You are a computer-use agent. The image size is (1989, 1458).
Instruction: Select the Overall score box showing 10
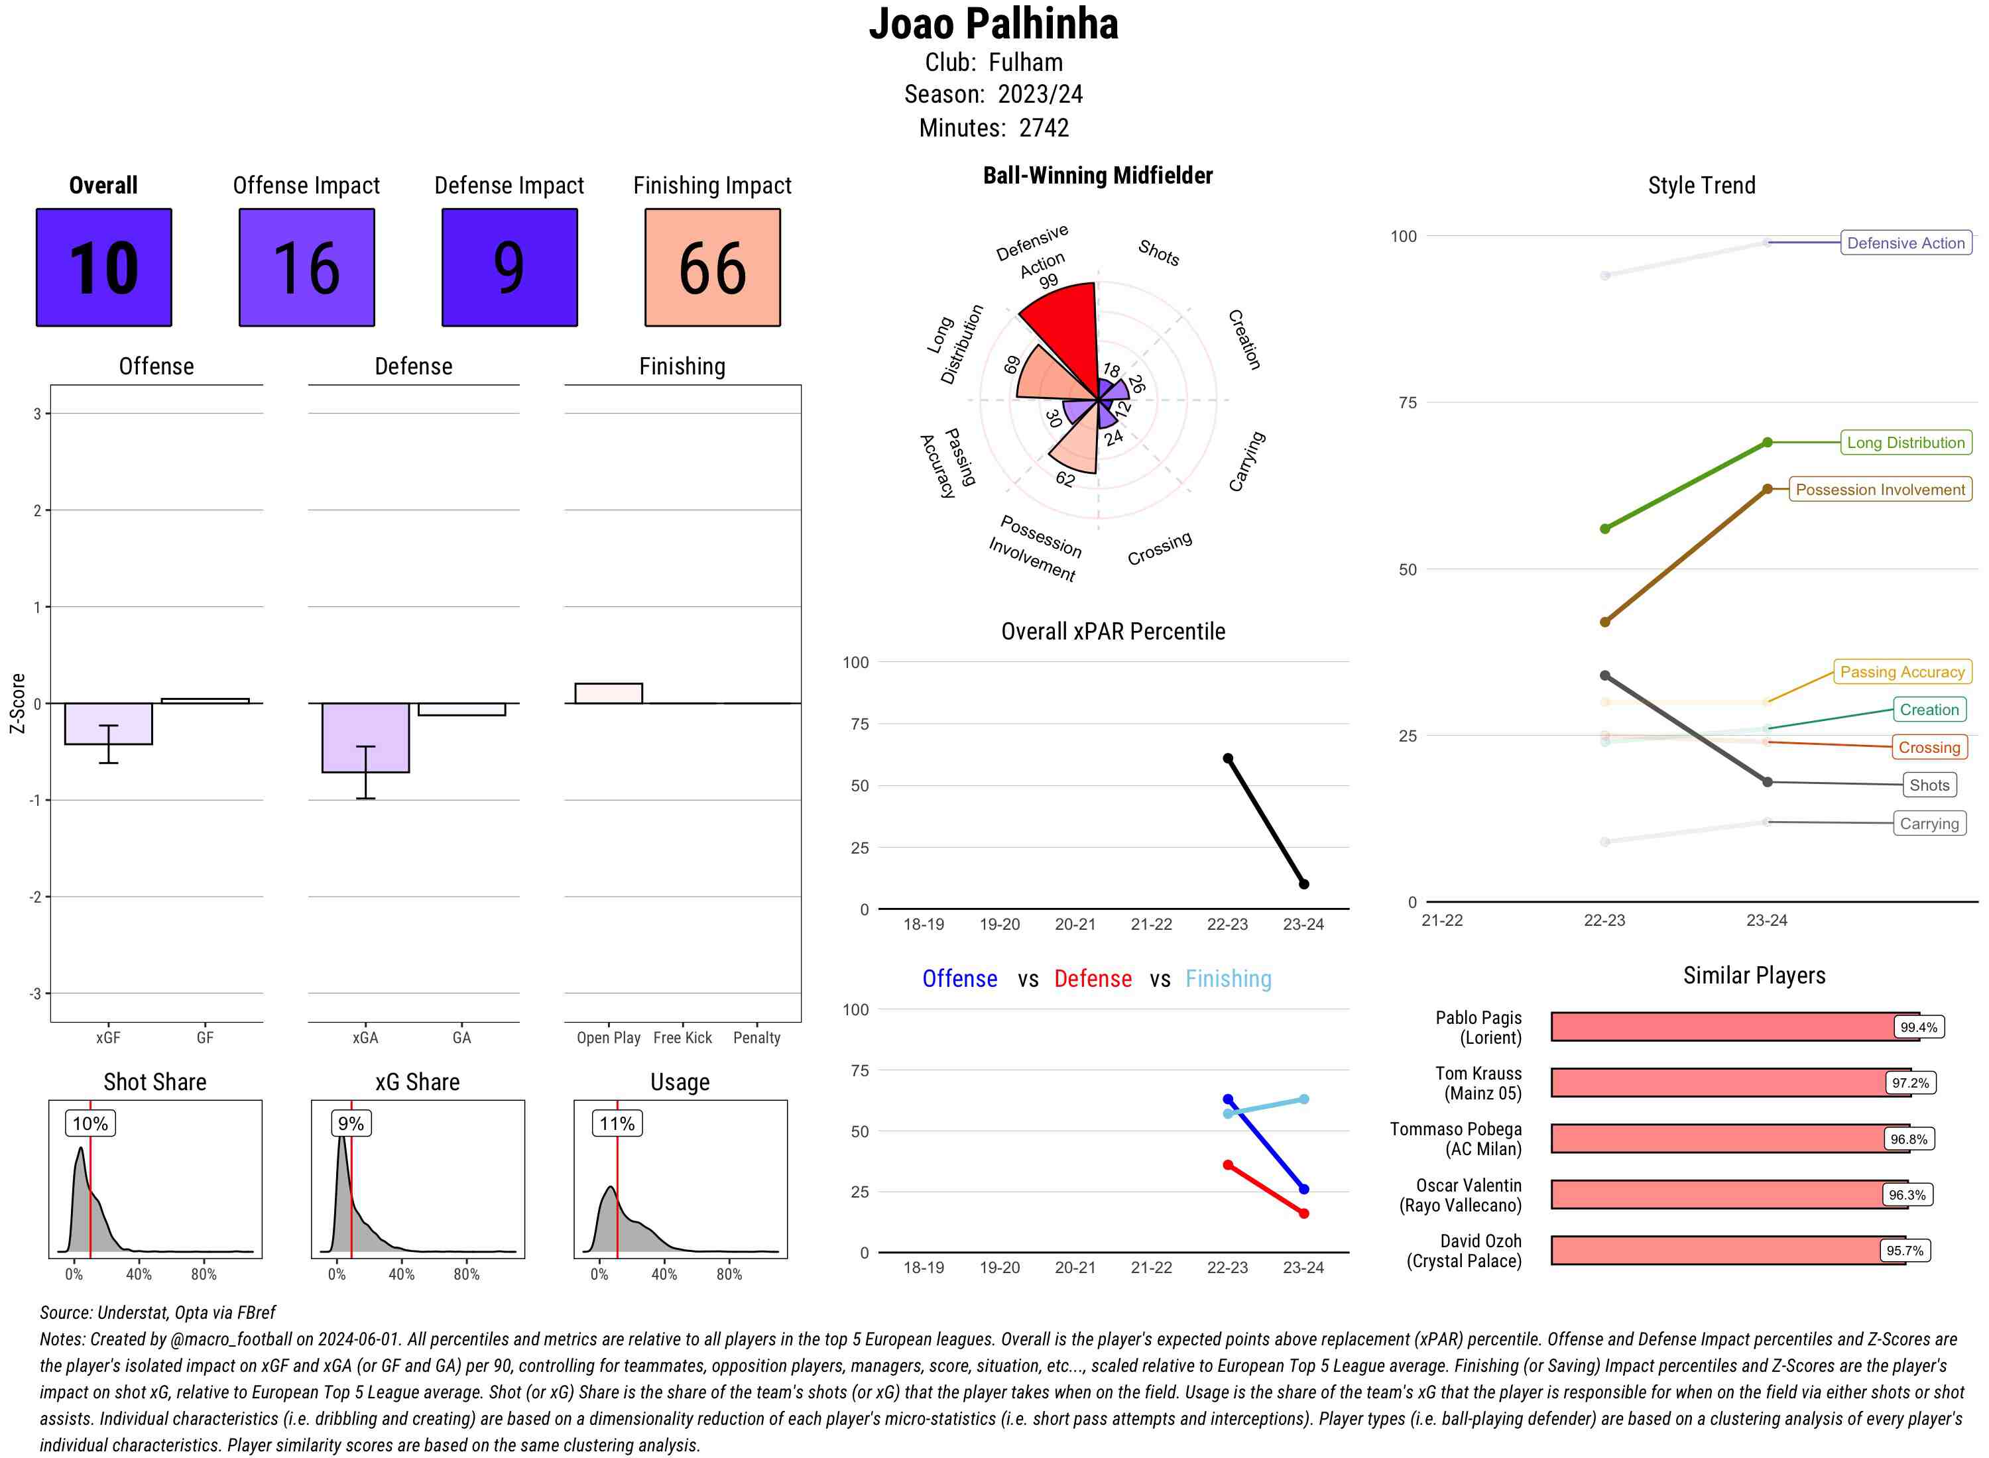tap(103, 268)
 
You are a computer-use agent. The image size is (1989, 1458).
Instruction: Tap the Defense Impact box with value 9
tap(509, 268)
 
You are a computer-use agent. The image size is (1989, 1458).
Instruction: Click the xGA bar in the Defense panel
tap(365, 737)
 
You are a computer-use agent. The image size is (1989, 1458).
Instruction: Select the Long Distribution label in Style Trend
tap(1905, 442)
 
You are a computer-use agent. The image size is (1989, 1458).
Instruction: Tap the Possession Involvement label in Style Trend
tap(1880, 489)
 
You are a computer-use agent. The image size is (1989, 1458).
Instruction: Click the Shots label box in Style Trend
tap(1928, 785)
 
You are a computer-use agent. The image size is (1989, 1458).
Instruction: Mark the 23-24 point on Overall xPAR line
tap(1303, 883)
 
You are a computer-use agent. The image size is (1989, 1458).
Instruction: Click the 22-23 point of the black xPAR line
tap(1227, 758)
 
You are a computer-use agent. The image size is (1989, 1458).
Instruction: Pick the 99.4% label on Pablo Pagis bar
tap(1917, 1027)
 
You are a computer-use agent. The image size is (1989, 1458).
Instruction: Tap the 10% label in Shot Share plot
tap(90, 1123)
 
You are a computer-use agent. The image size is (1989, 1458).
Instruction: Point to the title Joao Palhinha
tap(993, 24)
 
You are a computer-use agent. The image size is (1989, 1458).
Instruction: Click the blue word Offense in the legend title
tap(959, 979)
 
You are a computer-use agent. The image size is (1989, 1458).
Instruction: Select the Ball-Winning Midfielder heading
tap(1097, 176)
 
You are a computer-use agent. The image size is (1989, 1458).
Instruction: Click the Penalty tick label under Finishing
tap(756, 1038)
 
